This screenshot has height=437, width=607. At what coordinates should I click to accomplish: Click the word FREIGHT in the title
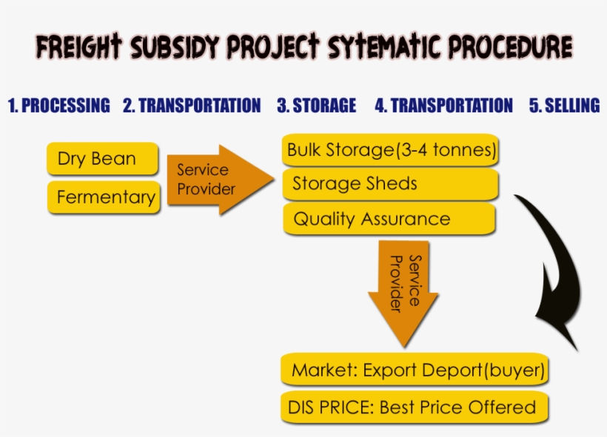pyautogui.click(x=80, y=48)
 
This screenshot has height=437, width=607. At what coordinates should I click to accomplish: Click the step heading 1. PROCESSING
pyautogui.click(x=58, y=106)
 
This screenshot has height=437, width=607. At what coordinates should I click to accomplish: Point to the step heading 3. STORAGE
pyautogui.click(x=316, y=106)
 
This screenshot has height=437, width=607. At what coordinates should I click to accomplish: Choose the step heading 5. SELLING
pyautogui.click(x=564, y=106)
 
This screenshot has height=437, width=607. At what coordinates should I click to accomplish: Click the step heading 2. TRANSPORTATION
pyautogui.click(x=192, y=106)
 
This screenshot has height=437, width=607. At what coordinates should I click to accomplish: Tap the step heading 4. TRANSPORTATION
pyautogui.click(x=443, y=106)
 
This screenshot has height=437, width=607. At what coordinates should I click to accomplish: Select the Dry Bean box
pyautogui.click(x=102, y=159)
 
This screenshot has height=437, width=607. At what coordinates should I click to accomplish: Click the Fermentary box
pyautogui.click(x=104, y=197)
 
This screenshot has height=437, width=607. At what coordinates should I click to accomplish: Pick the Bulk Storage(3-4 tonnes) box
pyautogui.click(x=391, y=150)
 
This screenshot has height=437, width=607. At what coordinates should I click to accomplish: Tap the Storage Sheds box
pyautogui.click(x=390, y=183)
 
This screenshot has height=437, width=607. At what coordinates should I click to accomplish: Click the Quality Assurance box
pyautogui.click(x=389, y=219)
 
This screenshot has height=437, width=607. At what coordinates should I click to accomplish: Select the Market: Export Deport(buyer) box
pyautogui.click(x=415, y=370)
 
